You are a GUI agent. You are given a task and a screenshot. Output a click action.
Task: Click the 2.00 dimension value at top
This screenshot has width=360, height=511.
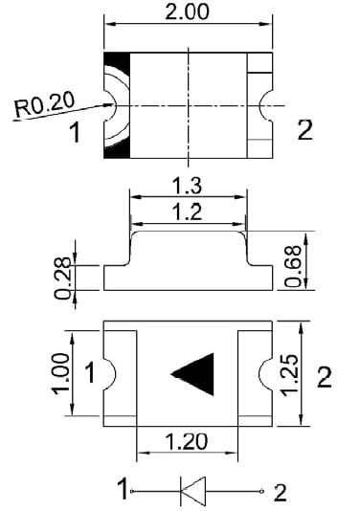click(187, 11)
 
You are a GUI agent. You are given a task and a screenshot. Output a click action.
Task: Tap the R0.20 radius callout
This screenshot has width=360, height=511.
click(45, 104)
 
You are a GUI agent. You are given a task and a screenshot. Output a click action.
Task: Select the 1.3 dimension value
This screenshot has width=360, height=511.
click(187, 186)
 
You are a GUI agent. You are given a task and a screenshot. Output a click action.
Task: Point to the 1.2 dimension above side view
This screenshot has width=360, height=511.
click(187, 211)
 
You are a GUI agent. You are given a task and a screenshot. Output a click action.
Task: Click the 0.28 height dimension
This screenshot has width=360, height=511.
click(62, 278)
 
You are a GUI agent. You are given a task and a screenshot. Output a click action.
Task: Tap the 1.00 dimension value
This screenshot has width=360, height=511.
click(61, 373)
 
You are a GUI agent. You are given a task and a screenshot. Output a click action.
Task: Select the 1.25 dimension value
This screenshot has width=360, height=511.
click(289, 375)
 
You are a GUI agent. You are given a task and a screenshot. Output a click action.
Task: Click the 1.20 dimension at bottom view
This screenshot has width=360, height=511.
click(186, 441)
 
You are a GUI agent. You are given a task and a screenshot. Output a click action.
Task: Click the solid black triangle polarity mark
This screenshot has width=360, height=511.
click(196, 374)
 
